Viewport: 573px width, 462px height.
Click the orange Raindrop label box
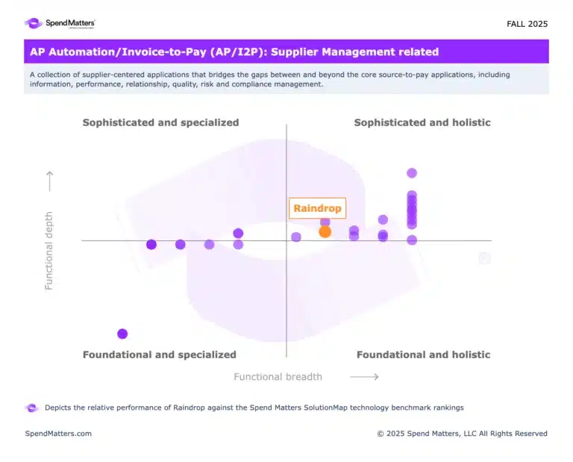[317, 208]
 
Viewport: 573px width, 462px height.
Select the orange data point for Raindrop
[325, 231]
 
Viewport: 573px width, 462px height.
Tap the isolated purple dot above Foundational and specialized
[122, 334]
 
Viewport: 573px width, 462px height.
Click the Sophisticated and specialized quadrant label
[160, 122]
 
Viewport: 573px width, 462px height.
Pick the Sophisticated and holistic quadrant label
[422, 122]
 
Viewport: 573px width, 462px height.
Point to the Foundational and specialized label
[159, 355]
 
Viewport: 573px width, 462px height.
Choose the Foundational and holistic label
[423, 355]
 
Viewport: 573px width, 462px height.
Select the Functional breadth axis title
[278, 377]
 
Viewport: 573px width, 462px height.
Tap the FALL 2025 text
[527, 24]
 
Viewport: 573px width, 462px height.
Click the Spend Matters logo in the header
[60, 23]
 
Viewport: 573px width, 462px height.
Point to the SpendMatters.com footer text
[58, 434]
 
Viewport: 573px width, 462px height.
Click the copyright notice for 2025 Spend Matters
[462, 434]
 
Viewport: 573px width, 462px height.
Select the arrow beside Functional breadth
[364, 377]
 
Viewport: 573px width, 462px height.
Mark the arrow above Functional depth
[49, 181]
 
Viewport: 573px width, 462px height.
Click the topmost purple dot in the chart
[412, 173]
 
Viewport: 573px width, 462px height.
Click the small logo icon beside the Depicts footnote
[31, 408]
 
